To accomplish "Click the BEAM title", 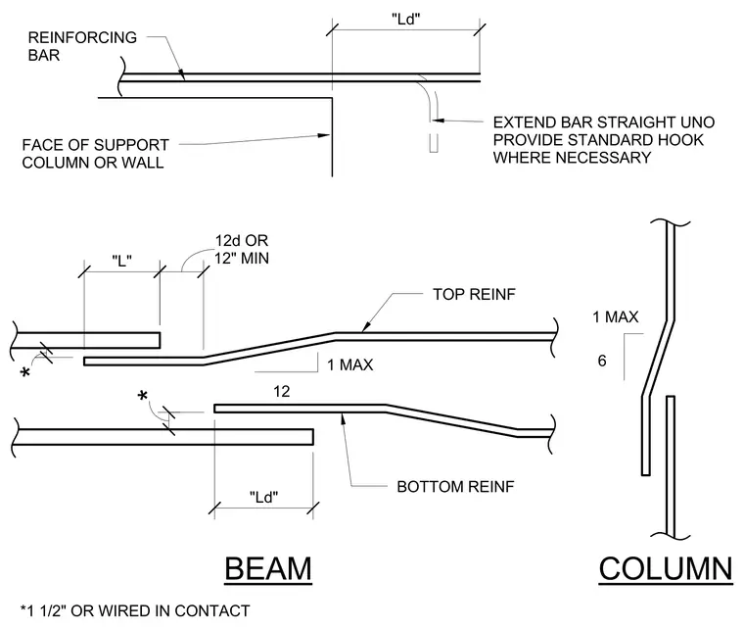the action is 268,568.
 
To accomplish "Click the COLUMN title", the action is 666,568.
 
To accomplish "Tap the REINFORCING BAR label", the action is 82,46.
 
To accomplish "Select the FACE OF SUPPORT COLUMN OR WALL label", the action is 95,154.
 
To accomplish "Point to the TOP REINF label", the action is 474,294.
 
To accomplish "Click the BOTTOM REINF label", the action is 455,487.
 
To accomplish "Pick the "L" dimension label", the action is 122,261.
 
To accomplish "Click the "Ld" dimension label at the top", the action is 406,19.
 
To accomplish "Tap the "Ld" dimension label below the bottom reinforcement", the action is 263,497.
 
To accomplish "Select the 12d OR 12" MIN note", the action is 242,249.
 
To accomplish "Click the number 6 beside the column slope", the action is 602,361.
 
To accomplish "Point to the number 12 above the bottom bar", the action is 281,391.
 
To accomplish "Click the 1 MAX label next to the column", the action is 616,316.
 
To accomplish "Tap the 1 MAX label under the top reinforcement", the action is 350,364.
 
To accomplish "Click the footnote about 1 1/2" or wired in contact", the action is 135,610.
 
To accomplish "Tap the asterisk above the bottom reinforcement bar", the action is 142,396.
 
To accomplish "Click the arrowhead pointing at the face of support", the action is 324,136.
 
